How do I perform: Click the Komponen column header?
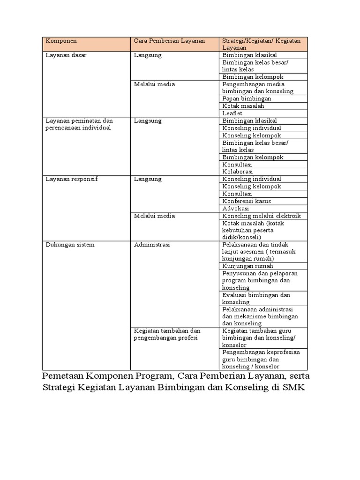tap(61, 41)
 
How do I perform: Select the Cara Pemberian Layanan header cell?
tap(169, 41)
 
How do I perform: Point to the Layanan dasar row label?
tap(66, 55)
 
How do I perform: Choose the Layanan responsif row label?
tap(71, 179)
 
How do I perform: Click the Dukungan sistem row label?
tap(70, 244)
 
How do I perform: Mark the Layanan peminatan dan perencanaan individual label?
tap(79, 124)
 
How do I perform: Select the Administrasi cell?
tap(152, 244)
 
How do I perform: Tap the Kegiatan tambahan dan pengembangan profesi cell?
tap(167, 334)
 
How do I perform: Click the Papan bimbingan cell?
tap(247, 99)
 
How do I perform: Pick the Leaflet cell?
tap(233, 113)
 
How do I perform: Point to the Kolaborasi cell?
tap(238, 172)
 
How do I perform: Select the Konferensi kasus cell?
tap(247, 201)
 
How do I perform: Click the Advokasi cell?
tap(236, 208)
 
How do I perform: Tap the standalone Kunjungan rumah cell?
tap(247, 266)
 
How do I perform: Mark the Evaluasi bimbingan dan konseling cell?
tap(256, 299)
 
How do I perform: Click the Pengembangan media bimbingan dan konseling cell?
tap(258, 88)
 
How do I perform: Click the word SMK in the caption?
tap(294, 388)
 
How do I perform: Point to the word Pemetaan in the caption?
tap(60, 376)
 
